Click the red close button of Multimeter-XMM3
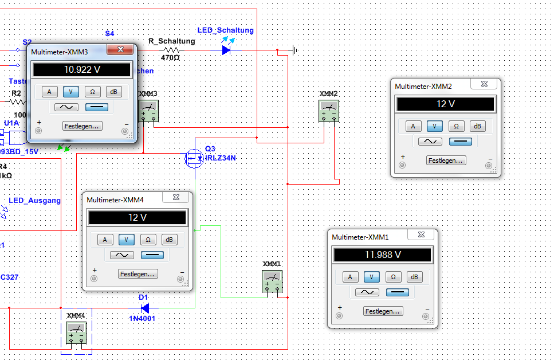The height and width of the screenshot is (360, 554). point(120,51)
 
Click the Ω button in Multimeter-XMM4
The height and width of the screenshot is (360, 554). point(148,240)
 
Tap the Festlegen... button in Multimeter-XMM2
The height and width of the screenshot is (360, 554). point(446,161)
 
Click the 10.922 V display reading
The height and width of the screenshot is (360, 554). point(81,70)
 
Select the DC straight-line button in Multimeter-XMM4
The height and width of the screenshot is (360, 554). point(152,255)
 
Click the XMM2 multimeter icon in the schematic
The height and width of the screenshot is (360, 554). point(329,111)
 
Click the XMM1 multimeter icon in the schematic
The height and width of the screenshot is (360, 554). point(272,281)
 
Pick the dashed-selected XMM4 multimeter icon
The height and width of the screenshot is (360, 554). point(76,332)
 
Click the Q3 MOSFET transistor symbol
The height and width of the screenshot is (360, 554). point(194,158)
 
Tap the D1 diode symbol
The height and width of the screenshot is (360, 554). point(137,308)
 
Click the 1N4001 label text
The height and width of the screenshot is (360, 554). point(142,318)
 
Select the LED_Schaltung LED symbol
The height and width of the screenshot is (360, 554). point(226,50)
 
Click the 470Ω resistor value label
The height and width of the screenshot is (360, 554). point(170,58)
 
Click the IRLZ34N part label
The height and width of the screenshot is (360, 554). point(221,158)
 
